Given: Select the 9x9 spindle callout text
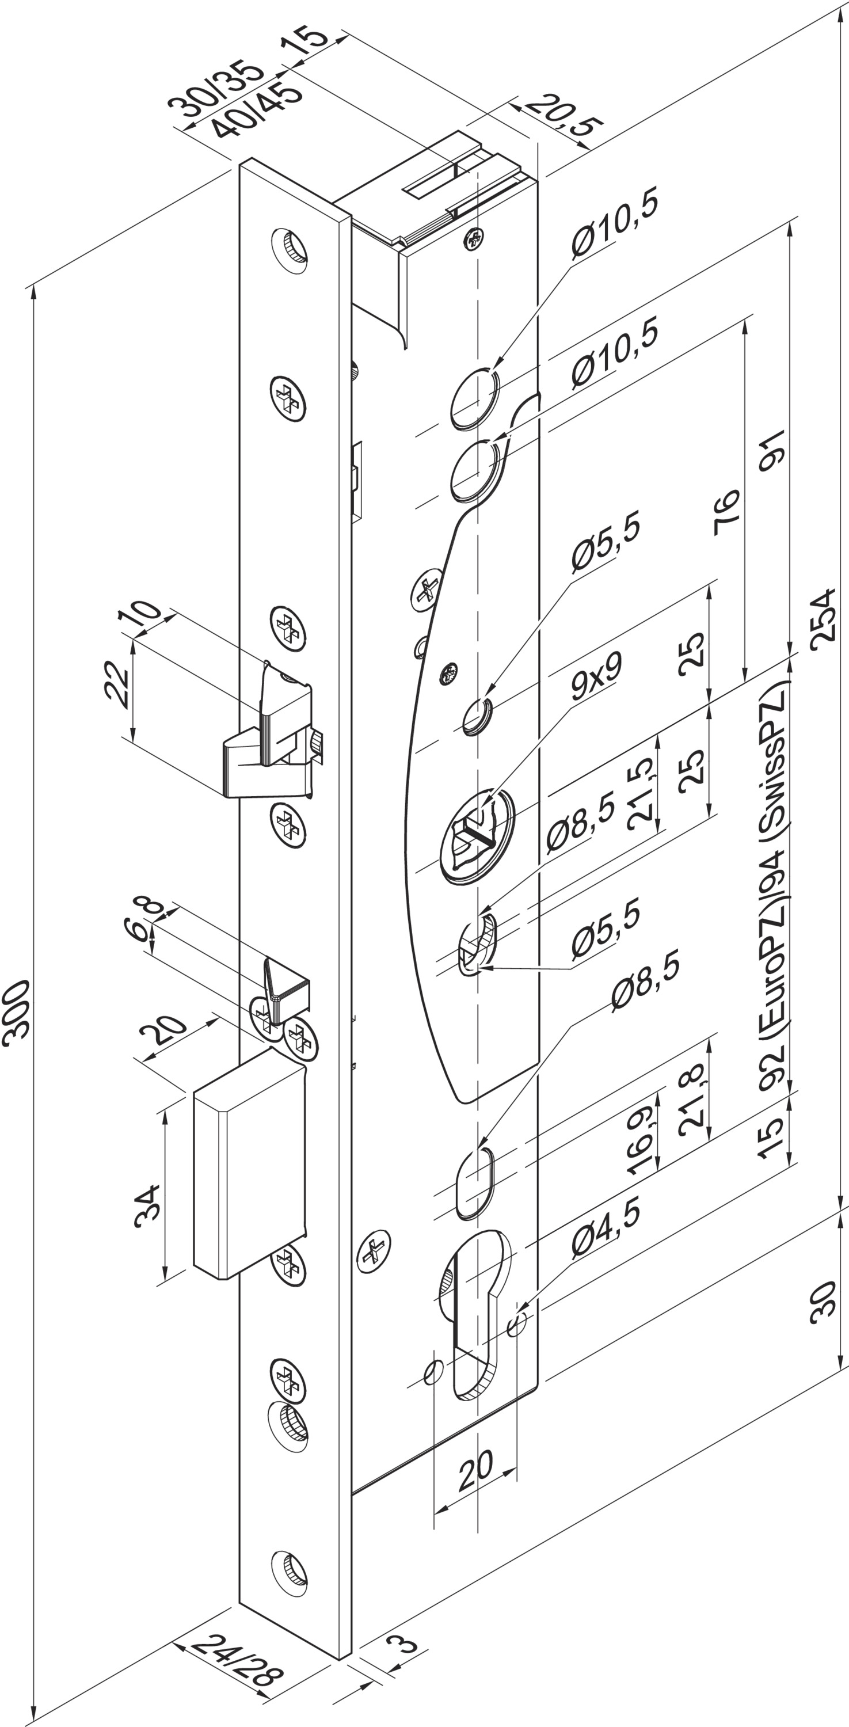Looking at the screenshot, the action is coord(597,676).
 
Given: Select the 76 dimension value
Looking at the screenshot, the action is coord(726,512).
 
